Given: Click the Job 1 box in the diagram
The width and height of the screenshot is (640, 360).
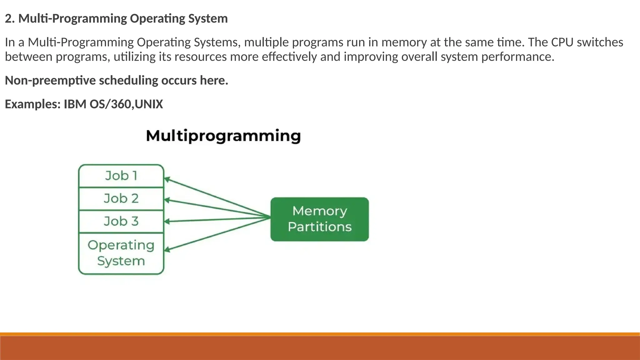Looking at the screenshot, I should (x=121, y=176).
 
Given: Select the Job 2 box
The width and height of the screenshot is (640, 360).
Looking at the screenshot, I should (x=121, y=199).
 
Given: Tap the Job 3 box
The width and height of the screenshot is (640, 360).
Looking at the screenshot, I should (x=121, y=222).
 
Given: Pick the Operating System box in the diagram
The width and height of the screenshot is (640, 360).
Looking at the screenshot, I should (x=121, y=253).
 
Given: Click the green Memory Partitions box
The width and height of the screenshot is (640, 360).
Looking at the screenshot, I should (x=319, y=219).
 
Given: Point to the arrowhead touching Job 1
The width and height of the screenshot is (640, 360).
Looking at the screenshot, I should (x=167, y=179).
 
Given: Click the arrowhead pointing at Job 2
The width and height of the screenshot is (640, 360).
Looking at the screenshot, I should (x=167, y=200).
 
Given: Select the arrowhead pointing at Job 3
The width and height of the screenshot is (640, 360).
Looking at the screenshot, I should (x=167, y=222).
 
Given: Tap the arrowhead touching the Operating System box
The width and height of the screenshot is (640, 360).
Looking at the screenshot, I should (x=167, y=249).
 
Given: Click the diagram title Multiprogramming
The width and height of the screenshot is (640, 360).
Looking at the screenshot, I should (x=223, y=136).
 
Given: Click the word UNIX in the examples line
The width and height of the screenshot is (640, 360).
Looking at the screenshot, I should (x=149, y=104).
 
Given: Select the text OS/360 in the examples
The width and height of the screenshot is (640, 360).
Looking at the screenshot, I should (x=112, y=104).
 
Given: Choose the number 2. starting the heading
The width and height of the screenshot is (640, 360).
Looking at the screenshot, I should (x=10, y=18).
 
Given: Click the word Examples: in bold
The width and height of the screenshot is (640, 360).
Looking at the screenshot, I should (x=32, y=104).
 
